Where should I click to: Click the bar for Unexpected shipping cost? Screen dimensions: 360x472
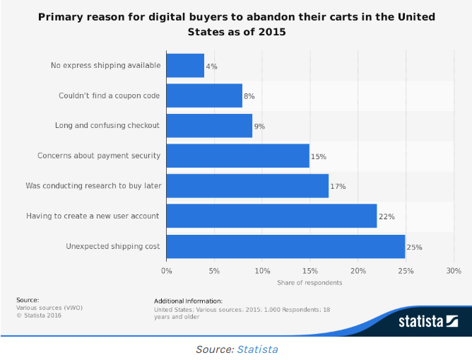tap(285, 246)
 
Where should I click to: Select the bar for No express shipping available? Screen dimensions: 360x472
tap(185, 66)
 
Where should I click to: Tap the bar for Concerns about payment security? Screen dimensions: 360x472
tap(237, 156)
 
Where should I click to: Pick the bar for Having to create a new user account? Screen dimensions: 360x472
tap(271, 216)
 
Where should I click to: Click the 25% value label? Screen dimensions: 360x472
tap(415, 246)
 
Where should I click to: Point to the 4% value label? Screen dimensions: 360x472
tap(211, 66)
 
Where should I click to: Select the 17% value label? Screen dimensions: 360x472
tap(338, 186)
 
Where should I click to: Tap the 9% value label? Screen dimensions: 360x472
tap(259, 126)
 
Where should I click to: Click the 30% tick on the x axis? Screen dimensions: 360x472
tap(454, 271)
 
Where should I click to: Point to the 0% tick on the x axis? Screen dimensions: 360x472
tap(167, 271)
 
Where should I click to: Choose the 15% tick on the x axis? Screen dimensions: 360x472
tap(310, 271)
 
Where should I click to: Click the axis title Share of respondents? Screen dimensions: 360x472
tap(309, 283)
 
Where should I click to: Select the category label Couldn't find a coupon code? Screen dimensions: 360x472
tap(109, 95)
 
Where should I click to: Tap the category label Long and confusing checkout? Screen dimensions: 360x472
tap(107, 125)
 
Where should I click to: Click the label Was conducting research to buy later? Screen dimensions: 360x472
tap(93, 185)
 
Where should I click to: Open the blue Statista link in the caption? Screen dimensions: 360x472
tap(257, 349)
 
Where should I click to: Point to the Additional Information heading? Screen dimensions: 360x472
tap(188, 301)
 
